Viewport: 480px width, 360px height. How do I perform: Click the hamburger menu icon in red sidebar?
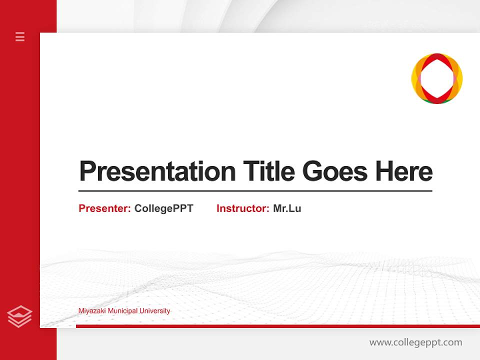point(20,36)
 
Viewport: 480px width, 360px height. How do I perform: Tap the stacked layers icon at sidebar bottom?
point(19,316)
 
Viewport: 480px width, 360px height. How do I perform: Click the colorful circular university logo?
point(437,78)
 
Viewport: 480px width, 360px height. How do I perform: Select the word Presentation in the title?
point(157,171)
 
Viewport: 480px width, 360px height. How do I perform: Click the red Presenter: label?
point(104,208)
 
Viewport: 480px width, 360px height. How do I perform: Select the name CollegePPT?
point(163,208)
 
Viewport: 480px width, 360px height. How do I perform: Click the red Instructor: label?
point(242,208)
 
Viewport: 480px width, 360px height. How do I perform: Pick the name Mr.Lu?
point(287,208)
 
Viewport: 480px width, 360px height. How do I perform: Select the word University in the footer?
point(154,311)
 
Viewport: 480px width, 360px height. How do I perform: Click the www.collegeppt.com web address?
point(415,342)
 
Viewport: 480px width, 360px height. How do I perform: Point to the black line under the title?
point(255,190)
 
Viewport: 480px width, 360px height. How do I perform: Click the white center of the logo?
point(437,78)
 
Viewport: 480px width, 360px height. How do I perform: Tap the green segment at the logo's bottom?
point(437,101)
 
